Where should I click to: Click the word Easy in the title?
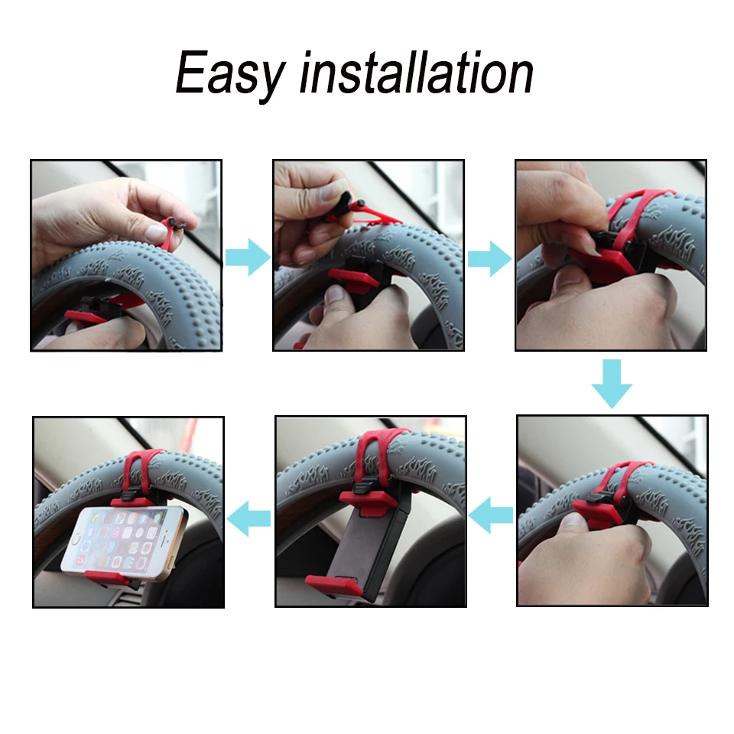point(230,74)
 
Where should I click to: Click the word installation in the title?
point(416,72)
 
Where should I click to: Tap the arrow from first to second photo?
point(248,257)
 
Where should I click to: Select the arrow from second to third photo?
point(489,258)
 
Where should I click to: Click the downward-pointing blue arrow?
point(612,383)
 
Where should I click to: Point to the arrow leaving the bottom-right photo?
point(491,515)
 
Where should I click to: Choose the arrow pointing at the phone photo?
point(248,518)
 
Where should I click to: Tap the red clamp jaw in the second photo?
point(353,280)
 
